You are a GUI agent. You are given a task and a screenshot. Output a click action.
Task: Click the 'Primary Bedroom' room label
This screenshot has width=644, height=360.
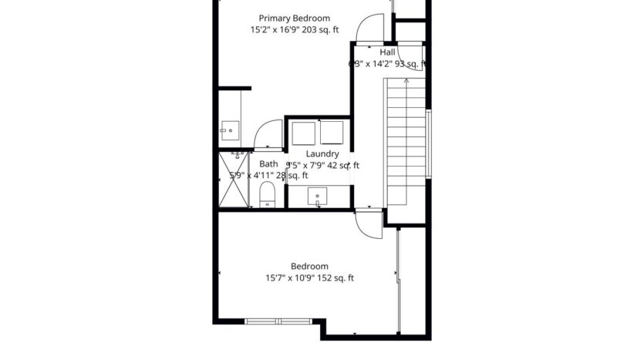tap(294, 19)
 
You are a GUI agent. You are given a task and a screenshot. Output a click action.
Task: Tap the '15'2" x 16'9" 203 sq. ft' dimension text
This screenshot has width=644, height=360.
tap(294, 31)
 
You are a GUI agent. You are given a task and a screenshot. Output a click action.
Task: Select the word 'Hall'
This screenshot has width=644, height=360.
tap(387, 52)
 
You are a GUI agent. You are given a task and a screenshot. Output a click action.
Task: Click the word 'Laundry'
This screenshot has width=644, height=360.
tap(322, 153)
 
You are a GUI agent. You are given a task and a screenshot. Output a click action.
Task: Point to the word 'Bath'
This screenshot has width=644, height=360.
tap(268, 163)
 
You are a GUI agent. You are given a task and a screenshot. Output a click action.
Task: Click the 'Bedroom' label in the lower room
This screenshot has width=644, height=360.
tap(309, 266)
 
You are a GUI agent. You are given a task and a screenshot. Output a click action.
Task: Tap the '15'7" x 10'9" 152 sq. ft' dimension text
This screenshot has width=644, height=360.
tap(309, 278)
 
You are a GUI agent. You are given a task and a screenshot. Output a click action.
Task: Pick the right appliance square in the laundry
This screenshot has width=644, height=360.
tap(332, 133)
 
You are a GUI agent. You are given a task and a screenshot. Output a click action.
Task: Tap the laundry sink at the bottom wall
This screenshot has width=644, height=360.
tap(318, 197)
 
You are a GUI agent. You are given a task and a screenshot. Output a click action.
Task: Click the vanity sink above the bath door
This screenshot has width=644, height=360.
tap(230, 130)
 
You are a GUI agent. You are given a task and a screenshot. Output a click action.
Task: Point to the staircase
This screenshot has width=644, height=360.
tap(406, 142)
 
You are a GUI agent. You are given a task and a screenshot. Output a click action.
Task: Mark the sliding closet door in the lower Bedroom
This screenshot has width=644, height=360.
tap(398, 270)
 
